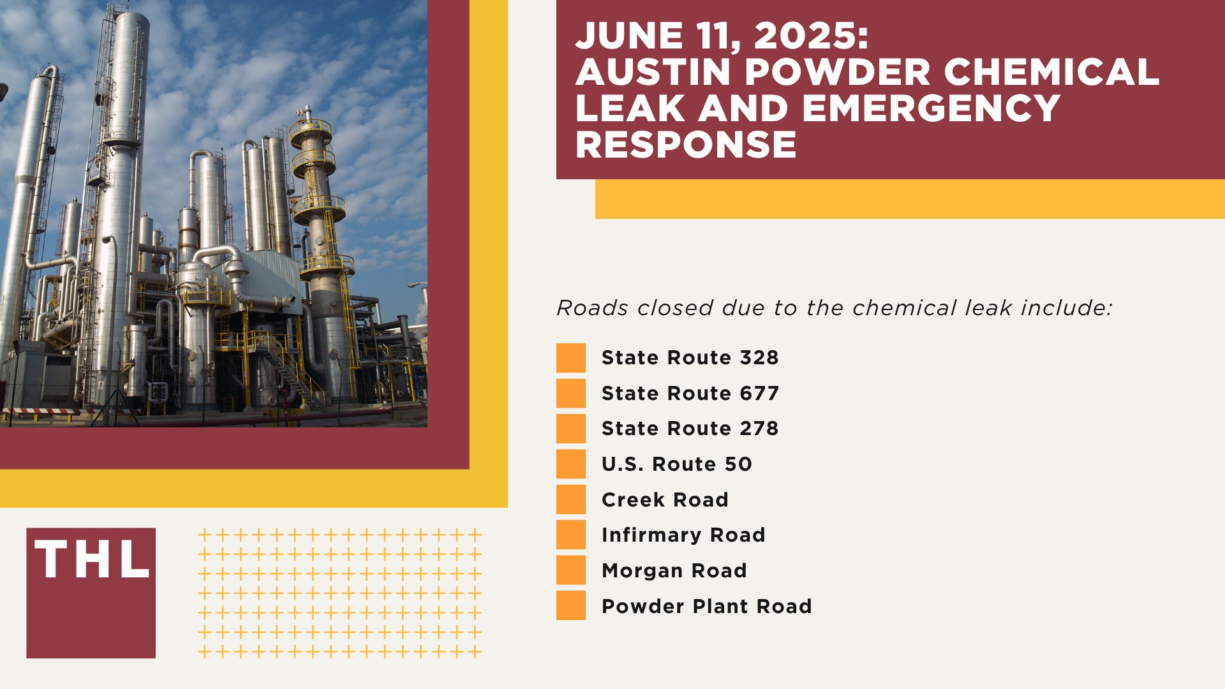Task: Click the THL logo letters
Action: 91,559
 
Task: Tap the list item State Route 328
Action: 690,358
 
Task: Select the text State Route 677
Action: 690,394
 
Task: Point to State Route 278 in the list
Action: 690,429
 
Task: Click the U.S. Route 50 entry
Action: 676,464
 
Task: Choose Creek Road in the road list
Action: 665,500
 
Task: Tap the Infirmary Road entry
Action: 683,535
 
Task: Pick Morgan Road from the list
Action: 674,570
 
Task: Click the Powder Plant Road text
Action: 706,606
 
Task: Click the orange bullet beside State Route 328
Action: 570,358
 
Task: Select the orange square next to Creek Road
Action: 570,500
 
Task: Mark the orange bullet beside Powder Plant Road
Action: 570,605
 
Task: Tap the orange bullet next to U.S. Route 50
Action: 570,464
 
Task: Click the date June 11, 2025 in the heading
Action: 722,36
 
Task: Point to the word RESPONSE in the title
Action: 686,144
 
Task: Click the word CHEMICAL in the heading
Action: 1051,71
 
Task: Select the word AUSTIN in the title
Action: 653,71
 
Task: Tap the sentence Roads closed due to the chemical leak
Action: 834,308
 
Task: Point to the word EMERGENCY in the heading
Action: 932,108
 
